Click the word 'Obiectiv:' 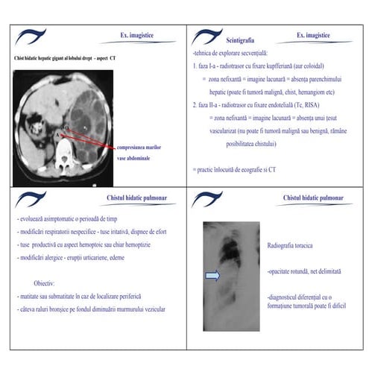[x=48, y=283]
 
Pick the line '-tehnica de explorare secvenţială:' [x=230, y=54]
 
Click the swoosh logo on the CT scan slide [x=34, y=35]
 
